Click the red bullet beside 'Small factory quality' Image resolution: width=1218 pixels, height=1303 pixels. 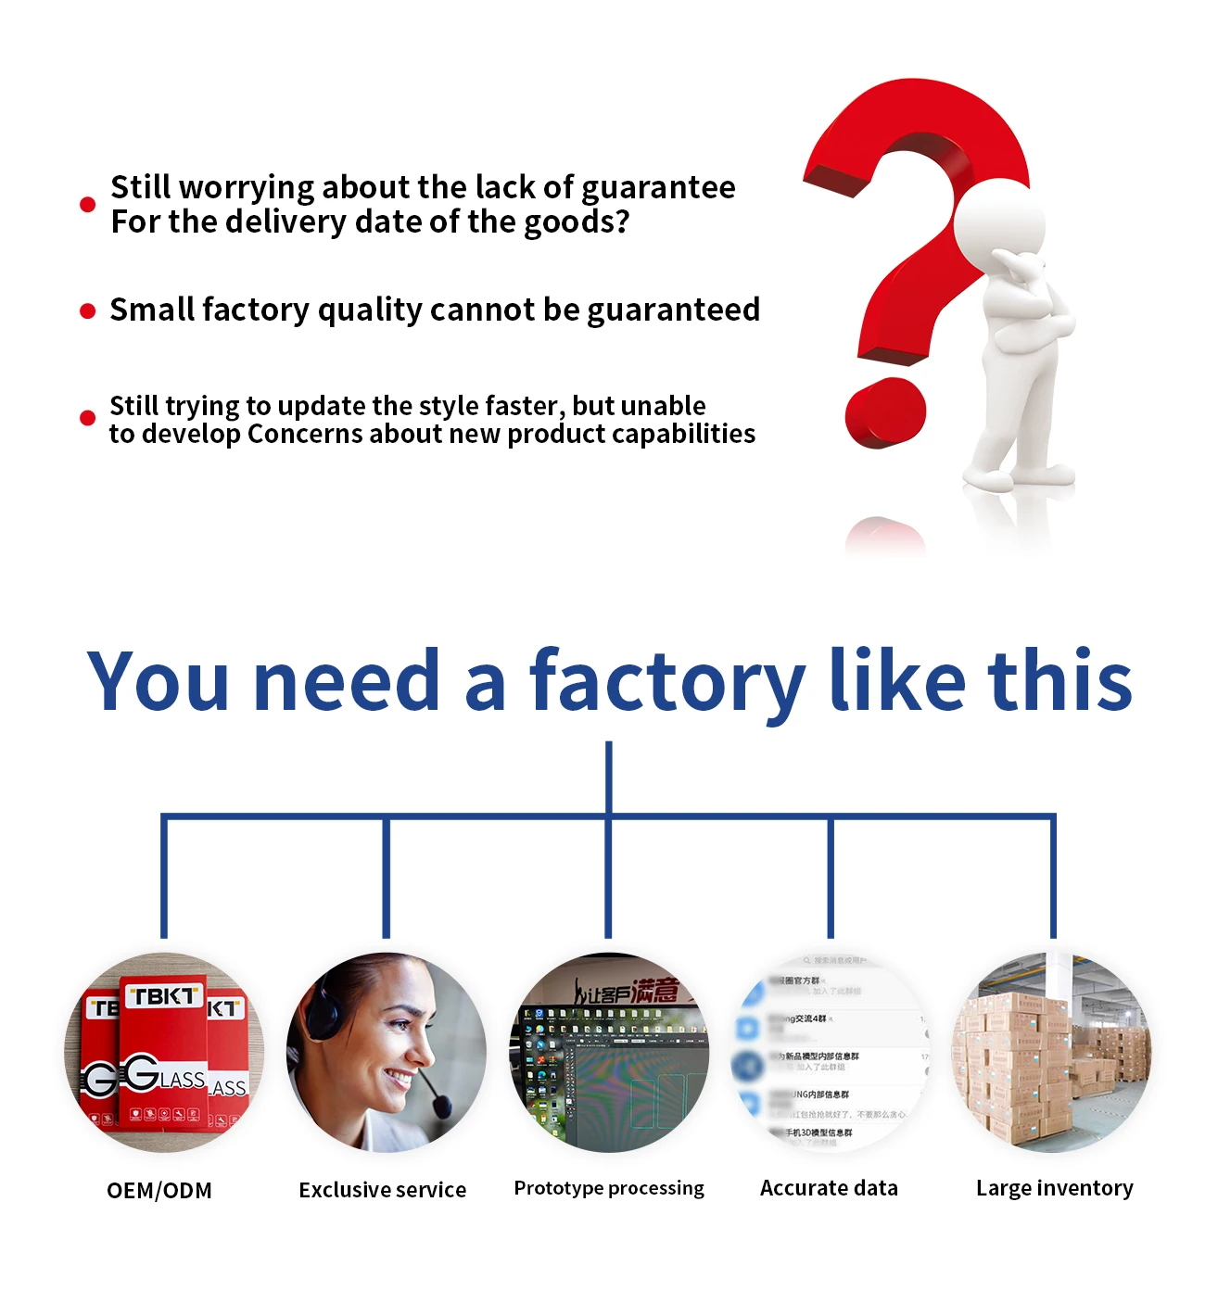click(x=88, y=311)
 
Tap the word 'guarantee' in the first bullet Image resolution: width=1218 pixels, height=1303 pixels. click(x=658, y=188)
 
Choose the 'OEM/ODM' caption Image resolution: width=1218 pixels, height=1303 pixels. click(x=159, y=1191)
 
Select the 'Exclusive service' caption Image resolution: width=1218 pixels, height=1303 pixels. click(x=383, y=1190)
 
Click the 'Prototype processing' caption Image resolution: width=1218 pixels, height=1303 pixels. click(x=609, y=1188)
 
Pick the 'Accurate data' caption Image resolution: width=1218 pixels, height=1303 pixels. click(x=829, y=1188)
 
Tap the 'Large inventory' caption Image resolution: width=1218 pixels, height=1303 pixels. click(x=1054, y=1188)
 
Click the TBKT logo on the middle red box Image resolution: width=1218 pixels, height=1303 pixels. click(x=163, y=996)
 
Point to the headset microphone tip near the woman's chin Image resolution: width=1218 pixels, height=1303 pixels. click(x=442, y=1106)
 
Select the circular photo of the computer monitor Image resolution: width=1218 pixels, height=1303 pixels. click(x=609, y=1053)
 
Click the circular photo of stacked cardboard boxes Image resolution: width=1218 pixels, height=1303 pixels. click(x=1054, y=1053)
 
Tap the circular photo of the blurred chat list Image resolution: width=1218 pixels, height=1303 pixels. click(x=831, y=1053)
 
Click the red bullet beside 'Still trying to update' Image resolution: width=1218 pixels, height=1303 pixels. click(x=88, y=418)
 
